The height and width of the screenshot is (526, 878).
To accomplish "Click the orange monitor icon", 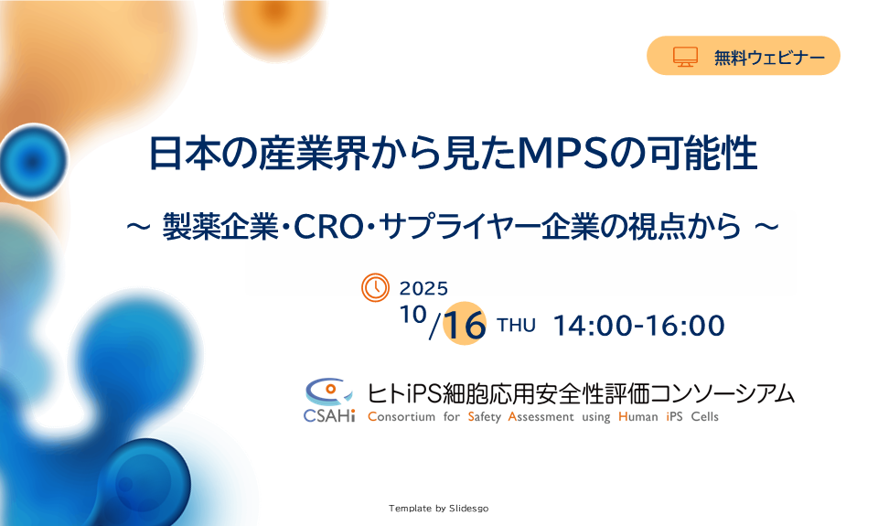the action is tap(685, 57).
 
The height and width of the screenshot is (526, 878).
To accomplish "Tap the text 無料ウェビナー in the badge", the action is tap(769, 57).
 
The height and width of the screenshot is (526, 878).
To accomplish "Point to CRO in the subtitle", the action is tap(328, 227).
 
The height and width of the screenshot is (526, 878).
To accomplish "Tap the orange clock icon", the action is tap(375, 287).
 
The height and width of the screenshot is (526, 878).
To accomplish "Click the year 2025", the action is tap(423, 288).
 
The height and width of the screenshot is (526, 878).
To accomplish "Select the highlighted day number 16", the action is tap(465, 324).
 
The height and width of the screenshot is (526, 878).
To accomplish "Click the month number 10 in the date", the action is tap(413, 315).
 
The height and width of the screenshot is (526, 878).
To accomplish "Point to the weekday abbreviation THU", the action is tap(516, 326).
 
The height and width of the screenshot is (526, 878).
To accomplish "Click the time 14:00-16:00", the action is tap(639, 326).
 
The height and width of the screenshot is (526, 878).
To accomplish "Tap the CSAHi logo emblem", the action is tap(329, 400).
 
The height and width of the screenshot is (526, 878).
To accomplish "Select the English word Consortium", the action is tap(402, 417).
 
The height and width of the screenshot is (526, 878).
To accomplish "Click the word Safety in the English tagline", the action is tap(485, 417).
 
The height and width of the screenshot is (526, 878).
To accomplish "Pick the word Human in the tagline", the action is tap(637, 417).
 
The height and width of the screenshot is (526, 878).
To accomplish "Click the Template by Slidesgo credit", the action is tap(438, 508).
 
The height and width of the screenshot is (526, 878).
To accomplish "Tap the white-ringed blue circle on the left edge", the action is tap(33, 161).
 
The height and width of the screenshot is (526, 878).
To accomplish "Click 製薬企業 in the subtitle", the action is tap(220, 227).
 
